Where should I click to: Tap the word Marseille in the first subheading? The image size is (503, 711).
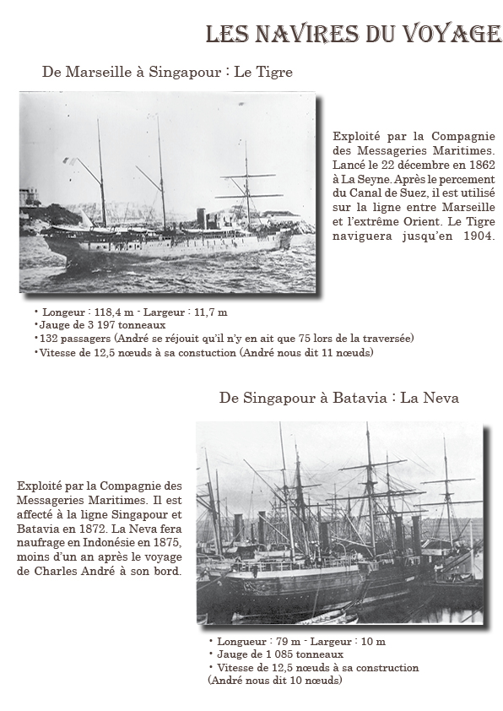tap(96, 73)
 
